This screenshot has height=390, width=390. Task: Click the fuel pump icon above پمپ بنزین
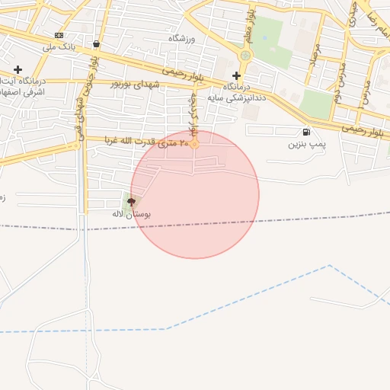click(306, 132)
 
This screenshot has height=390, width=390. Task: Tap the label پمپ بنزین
click(306, 143)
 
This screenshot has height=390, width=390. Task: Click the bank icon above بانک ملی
click(59, 35)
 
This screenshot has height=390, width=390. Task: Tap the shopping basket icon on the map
click(95, 44)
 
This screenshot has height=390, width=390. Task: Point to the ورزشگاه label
click(182, 38)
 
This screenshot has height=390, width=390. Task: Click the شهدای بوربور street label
click(137, 83)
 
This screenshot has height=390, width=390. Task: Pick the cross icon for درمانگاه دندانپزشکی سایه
click(236, 75)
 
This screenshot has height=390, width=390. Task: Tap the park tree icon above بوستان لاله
click(132, 202)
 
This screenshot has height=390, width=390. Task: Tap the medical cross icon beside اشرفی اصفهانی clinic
click(18, 69)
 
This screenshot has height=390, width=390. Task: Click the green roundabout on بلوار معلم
click(245, 55)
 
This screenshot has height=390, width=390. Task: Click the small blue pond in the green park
click(264, 37)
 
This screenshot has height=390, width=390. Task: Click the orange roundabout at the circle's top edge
click(194, 143)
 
